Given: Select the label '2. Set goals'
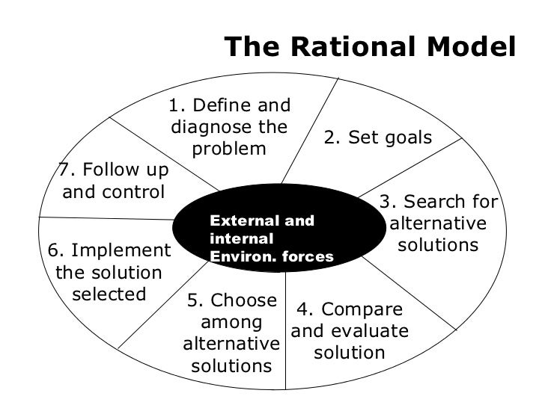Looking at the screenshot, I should [377, 138].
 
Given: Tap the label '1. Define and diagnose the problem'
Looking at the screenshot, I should [229, 127].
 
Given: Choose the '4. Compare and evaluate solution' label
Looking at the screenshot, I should [350, 331].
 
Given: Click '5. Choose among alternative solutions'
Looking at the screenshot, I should [231, 333].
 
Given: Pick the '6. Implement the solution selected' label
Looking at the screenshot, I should [109, 272].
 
